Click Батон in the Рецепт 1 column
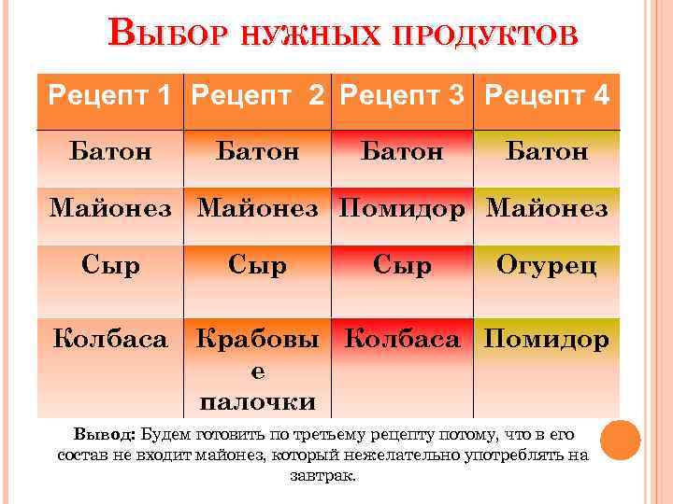[x=110, y=151]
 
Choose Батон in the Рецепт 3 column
[x=403, y=151]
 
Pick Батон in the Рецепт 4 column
[x=548, y=151]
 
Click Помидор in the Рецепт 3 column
[x=403, y=208]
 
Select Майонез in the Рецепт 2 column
[x=258, y=208]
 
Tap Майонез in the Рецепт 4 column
[x=548, y=208]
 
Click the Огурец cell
[x=548, y=266]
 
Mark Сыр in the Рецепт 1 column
[x=110, y=266]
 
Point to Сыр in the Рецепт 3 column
[x=403, y=266]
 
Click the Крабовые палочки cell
[x=258, y=370]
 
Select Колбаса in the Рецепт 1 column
[x=110, y=338]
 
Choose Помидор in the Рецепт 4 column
[x=548, y=338]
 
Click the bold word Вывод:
[x=106, y=435]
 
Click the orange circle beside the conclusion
[x=621, y=440]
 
